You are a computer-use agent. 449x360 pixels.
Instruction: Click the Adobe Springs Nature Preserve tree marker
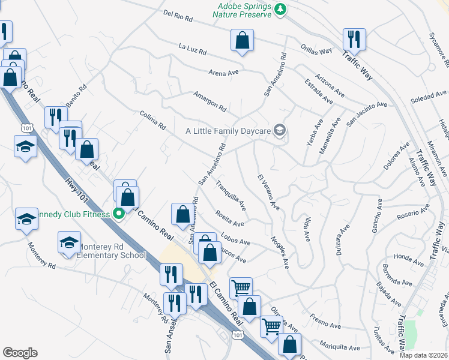point(280,9)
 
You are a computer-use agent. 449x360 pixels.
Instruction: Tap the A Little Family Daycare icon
point(279,130)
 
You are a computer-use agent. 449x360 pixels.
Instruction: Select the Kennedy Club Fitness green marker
point(119,213)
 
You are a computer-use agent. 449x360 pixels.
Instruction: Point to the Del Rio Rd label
point(178,16)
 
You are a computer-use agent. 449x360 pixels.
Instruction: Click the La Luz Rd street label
point(193,47)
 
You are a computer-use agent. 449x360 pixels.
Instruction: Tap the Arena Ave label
point(224,73)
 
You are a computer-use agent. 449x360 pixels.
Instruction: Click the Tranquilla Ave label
point(231,196)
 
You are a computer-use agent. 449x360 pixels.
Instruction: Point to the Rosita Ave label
point(229,219)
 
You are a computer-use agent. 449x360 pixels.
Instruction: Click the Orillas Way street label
point(318,50)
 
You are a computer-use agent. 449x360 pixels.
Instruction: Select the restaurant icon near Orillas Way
point(353,40)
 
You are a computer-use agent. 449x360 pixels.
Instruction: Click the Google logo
point(20,353)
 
